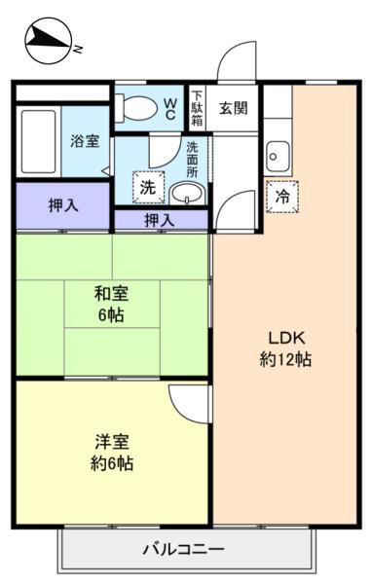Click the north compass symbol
pyautogui.click(x=49, y=41)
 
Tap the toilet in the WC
pyautogui.click(x=136, y=108)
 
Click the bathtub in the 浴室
pyautogui.click(x=38, y=141)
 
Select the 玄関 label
pyautogui.click(x=233, y=108)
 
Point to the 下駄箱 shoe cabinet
pyautogui.click(x=197, y=108)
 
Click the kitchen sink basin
pyautogui.click(x=278, y=157)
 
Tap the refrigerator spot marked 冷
pyautogui.click(x=282, y=197)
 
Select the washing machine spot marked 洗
pyautogui.click(x=148, y=187)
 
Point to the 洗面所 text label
pyautogui.click(x=192, y=160)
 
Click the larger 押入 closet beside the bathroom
pyautogui.click(x=63, y=205)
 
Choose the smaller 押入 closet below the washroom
pyautogui.click(x=161, y=220)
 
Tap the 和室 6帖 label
pyautogui.click(x=111, y=304)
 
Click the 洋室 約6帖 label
pyautogui.click(x=112, y=453)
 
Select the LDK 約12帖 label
pyautogui.click(x=285, y=348)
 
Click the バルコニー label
pyautogui.click(x=184, y=549)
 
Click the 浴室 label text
pyautogui.click(x=85, y=141)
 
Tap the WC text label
pyautogui.click(x=170, y=108)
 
